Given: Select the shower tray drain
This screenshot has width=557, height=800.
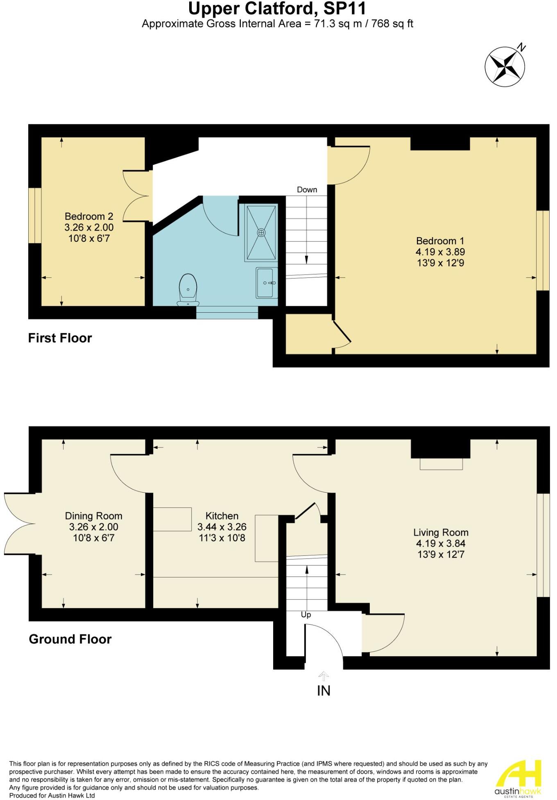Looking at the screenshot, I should pyautogui.click(x=261, y=232).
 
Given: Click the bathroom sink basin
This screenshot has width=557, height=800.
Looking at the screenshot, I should pyautogui.click(x=266, y=283).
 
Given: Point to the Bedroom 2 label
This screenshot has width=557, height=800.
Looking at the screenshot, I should pyautogui.click(x=89, y=216).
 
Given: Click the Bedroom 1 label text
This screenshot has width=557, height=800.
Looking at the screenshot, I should pyautogui.click(x=440, y=241).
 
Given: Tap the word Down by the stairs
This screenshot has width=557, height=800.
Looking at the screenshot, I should pyautogui.click(x=307, y=189).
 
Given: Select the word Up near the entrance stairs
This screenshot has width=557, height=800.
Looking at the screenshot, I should pyautogui.click(x=306, y=615).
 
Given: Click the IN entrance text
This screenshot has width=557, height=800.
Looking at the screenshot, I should pyautogui.click(x=324, y=691).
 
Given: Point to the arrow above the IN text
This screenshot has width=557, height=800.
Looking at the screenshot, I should pyautogui.click(x=324, y=676).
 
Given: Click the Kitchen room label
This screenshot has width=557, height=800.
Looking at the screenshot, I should pyautogui.click(x=222, y=516).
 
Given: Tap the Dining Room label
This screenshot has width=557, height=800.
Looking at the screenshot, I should pyautogui.click(x=93, y=516).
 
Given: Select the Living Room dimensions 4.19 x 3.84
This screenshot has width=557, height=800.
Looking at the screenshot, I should pyautogui.click(x=440, y=543).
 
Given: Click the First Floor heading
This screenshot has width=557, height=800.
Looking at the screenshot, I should pyautogui.click(x=60, y=338).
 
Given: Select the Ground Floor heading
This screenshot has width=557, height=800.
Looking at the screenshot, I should pyautogui.click(x=70, y=639).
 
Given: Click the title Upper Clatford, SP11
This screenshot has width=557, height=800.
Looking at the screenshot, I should pyautogui.click(x=277, y=8).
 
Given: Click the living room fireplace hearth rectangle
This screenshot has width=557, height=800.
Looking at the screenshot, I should pyautogui.click(x=441, y=464).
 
